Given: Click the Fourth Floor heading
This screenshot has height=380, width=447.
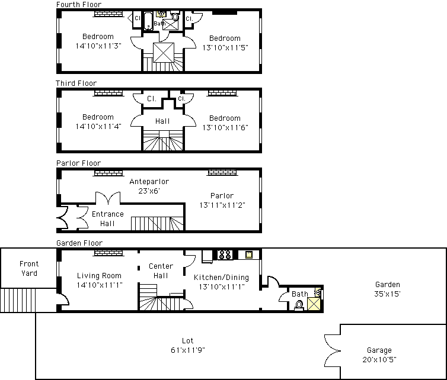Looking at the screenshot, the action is (x=79, y=4).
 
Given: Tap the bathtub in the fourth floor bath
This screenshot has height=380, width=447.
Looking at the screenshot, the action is (x=148, y=21).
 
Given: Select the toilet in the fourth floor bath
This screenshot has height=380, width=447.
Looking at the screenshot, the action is (x=175, y=16).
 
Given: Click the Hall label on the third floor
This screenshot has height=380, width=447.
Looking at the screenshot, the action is (x=162, y=121).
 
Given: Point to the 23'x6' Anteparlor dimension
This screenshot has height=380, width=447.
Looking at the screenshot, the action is (x=149, y=191).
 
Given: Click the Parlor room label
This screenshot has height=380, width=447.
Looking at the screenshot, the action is (x=222, y=196).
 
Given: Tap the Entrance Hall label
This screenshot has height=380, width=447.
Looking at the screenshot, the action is (x=108, y=218).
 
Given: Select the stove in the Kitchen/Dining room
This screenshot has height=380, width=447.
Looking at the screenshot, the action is (x=225, y=255).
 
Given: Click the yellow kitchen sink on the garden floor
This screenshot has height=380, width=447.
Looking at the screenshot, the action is (x=249, y=255).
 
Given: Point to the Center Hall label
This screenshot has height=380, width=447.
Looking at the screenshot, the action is (x=161, y=270).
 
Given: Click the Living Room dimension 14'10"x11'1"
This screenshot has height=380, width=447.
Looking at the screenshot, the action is (x=100, y=285).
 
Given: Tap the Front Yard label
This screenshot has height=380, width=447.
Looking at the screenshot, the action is (x=29, y=268).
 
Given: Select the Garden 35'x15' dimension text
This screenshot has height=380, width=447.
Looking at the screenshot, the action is (x=387, y=294).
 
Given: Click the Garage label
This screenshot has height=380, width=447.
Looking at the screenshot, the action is (x=379, y=350).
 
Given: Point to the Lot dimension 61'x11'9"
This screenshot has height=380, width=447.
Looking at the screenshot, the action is (x=188, y=350).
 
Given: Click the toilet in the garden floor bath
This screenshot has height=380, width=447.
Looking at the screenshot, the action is (x=299, y=305).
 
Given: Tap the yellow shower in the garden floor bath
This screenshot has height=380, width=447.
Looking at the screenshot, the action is (x=314, y=304).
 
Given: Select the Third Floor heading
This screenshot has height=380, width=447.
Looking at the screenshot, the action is (x=76, y=83).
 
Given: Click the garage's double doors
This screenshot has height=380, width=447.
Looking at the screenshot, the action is (x=332, y=350).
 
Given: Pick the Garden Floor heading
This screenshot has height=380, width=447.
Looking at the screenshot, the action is (x=79, y=243).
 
